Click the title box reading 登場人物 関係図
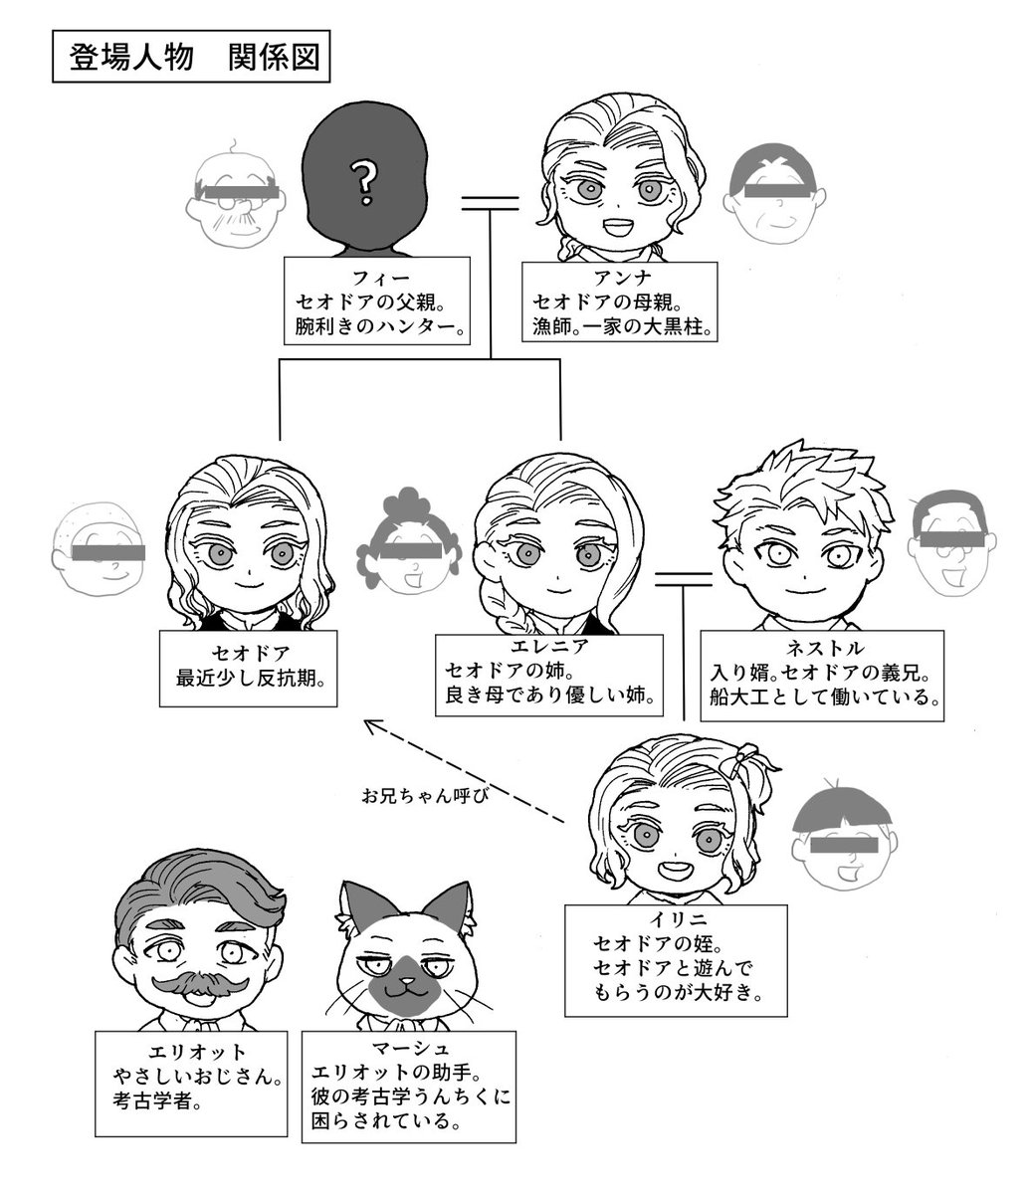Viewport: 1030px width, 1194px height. tap(190, 59)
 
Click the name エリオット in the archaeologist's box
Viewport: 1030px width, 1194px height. tap(195, 1051)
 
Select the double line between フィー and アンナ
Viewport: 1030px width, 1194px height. tap(491, 203)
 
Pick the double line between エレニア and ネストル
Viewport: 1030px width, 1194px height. tap(684, 578)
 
